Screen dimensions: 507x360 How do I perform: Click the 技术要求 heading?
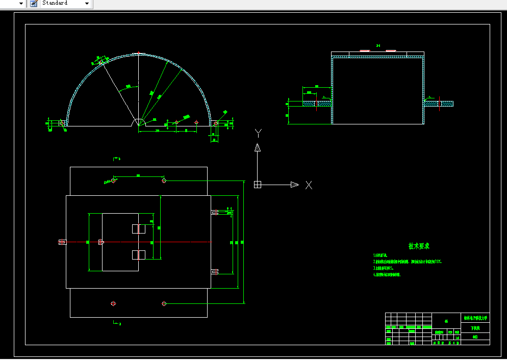click(x=419, y=246)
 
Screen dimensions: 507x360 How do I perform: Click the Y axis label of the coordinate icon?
click(x=258, y=134)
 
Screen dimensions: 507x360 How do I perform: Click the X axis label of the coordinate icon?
click(x=309, y=185)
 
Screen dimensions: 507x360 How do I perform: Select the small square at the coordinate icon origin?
click(x=258, y=185)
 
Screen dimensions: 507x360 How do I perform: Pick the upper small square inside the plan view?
click(x=139, y=229)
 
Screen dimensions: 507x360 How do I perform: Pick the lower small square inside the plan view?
click(x=139, y=254)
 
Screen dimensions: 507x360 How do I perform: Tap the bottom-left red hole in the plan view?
click(x=113, y=304)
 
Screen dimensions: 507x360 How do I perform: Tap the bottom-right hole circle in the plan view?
click(x=164, y=304)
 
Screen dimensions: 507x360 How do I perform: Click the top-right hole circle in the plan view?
click(x=164, y=181)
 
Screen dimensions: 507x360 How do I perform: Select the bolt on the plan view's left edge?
click(x=62, y=242)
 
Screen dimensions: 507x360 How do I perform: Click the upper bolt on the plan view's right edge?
click(x=215, y=212)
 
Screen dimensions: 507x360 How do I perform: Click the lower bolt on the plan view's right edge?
click(x=215, y=271)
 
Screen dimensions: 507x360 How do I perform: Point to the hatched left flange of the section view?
click(x=317, y=104)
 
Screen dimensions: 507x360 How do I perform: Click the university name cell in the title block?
click(x=475, y=318)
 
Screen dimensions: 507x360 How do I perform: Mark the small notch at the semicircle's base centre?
click(x=138, y=123)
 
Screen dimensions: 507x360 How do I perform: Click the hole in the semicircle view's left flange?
click(x=62, y=123)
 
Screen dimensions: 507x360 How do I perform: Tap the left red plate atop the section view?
click(x=365, y=51)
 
